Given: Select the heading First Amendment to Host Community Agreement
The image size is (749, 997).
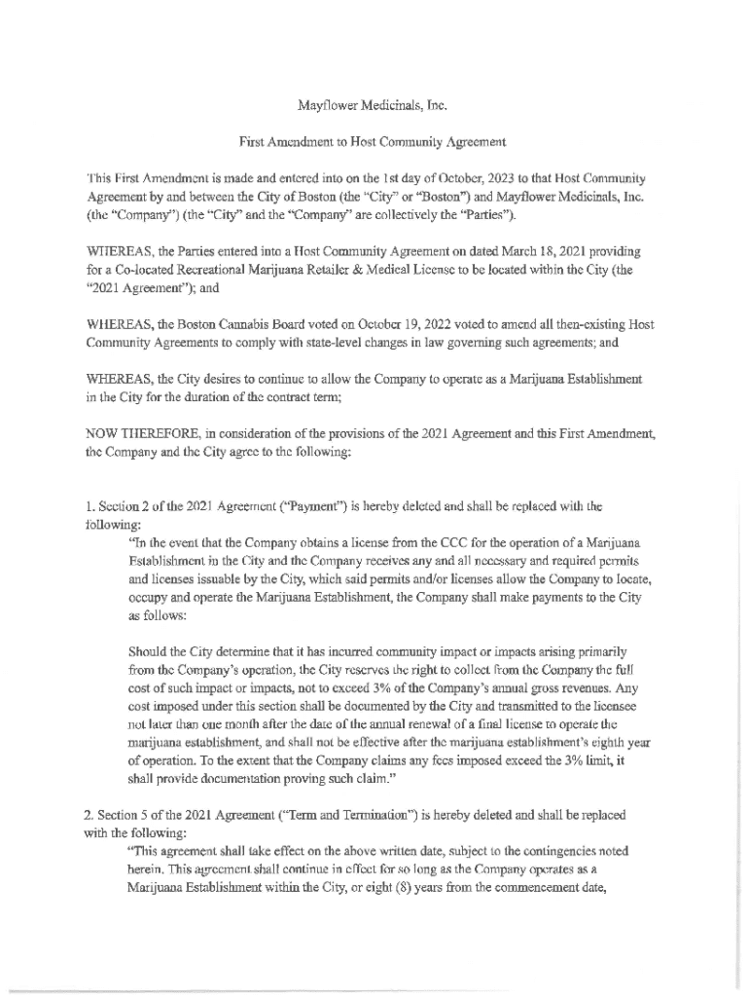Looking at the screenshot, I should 373,141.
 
